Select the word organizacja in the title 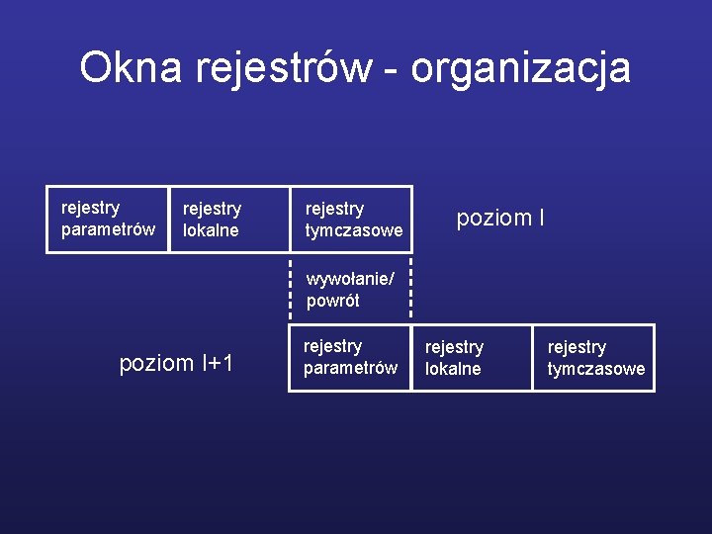click(520, 68)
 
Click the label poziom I click(499, 218)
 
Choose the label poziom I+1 click(176, 363)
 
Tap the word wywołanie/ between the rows click(350, 280)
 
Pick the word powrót click(333, 301)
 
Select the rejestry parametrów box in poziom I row click(108, 219)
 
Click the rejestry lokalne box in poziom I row click(228, 219)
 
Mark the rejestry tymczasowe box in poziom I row click(351, 219)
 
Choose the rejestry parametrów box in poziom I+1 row click(349, 357)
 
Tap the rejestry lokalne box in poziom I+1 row click(472, 357)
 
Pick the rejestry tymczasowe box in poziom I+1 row click(594, 357)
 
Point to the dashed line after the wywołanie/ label click(410, 280)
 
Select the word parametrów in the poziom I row click(108, 229)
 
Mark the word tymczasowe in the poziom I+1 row click(596, 369)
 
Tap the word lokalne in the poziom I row click(211, 230)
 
